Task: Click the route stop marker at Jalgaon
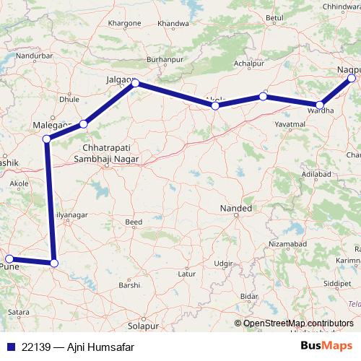[x=135, y=84]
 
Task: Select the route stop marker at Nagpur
[x=352, y=78]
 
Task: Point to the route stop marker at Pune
[x=9, y=258]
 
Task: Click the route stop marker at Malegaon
[x=47, y=139]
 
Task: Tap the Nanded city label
[x=235, y=209]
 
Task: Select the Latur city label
[x=187, y=274]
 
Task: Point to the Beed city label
[x=134, y=222]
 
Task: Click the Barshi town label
[x=129, y=285]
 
